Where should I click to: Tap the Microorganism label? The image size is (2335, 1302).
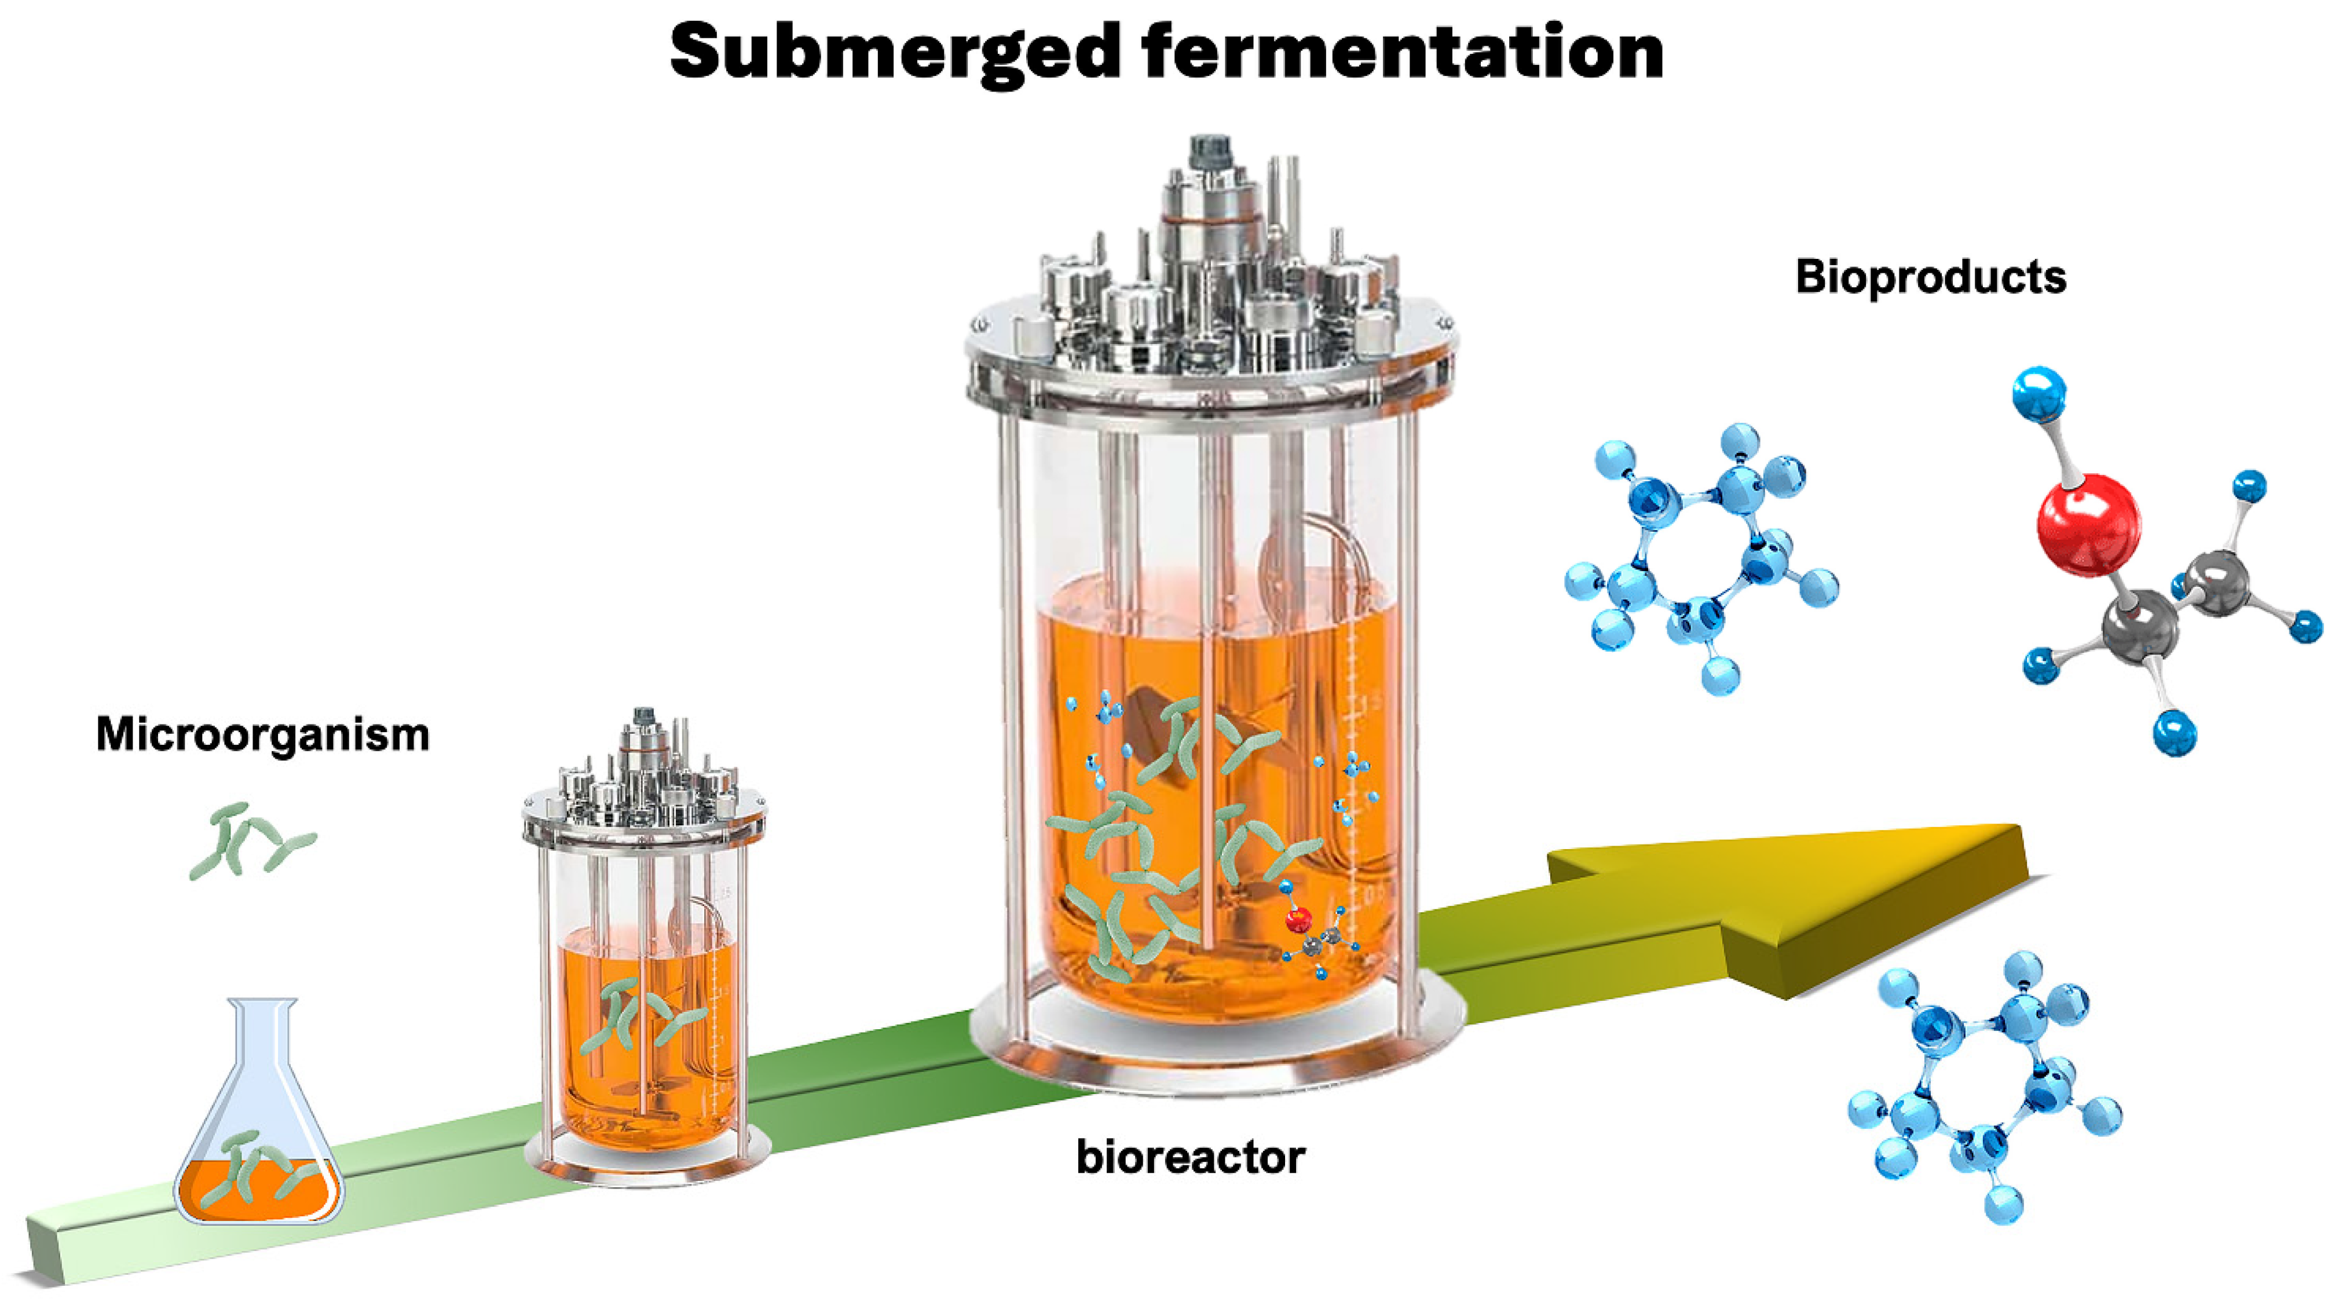[263, 734]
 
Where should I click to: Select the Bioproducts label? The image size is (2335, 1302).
[1931, 276]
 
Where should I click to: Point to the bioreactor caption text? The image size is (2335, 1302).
[1190, 1158]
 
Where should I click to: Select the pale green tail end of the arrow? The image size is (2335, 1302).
[54, 1247]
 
